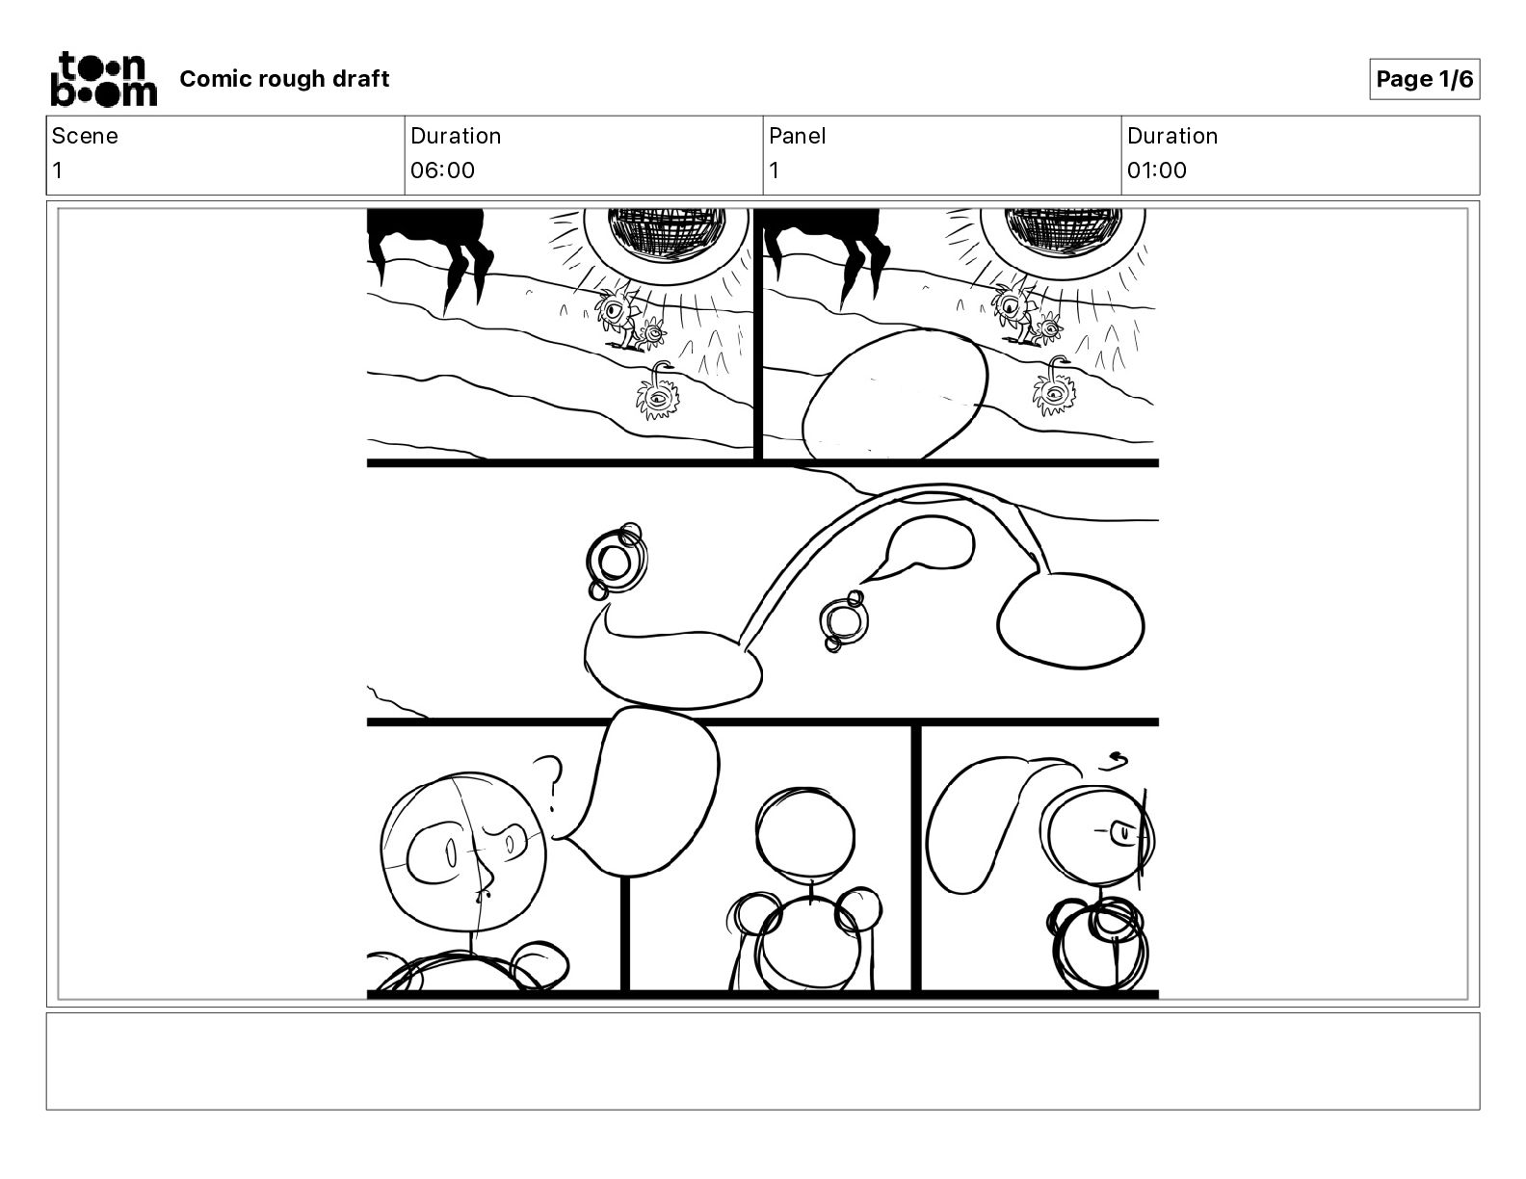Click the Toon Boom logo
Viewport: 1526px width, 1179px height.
tap(104, 79)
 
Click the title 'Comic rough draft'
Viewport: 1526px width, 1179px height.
tap(284, 79)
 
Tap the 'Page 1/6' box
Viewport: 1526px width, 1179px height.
tap(1424, 79)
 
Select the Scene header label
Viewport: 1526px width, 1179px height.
tap(85, 136)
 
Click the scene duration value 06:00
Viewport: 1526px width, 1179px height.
tap(442, 170)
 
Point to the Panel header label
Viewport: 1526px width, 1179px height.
tap(797, 136)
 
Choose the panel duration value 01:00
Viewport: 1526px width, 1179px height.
tap(1157, 170)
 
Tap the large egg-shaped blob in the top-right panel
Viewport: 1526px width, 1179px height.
tap(894, 395)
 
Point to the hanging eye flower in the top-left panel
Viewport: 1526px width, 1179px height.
tap(658, 392)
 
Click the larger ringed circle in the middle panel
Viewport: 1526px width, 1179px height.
tap(616, 561)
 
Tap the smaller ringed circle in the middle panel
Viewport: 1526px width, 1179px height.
tap(843, 621)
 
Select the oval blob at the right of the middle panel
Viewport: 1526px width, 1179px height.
tap(1070, 620)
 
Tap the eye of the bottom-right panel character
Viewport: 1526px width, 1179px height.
tap(1122, 833)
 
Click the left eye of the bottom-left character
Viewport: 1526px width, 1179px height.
tap(452, 854)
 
